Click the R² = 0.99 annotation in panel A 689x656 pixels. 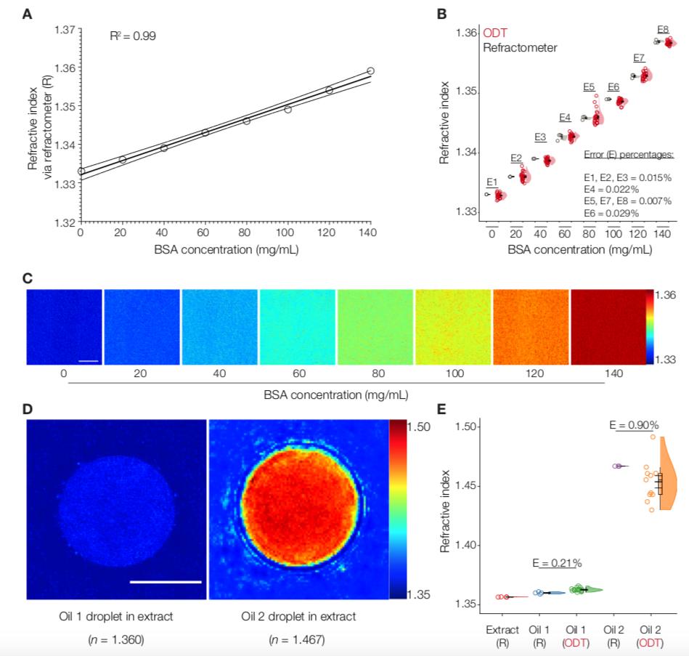[x=132, y=34]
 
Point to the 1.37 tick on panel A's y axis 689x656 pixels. [x=65, y=30]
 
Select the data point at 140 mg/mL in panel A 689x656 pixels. [x=370, y=70]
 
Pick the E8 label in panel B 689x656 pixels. [x=662, y=29]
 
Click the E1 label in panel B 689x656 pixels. [x=492, y=182]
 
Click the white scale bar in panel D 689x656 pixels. [x=166, y=581]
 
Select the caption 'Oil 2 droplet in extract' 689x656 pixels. [x=298, y=617]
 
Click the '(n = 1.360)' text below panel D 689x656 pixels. [x=116, y=639]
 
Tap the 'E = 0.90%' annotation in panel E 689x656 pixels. [x=634, y=425]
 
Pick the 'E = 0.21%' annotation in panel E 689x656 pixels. [x=557, y=562]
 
